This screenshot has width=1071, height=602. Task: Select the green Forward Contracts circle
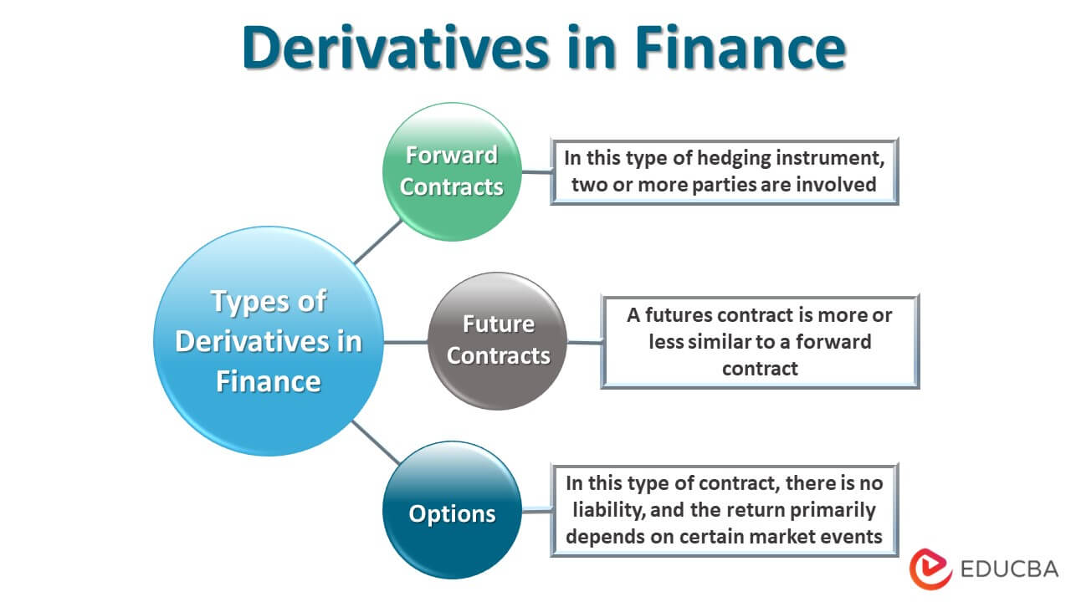pyautogui.click(x=452, y=171)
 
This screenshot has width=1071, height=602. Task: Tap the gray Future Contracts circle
pyautogui.click(x=498, y=341)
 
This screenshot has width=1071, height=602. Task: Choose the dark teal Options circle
pyautogui.click(x=452, y=511)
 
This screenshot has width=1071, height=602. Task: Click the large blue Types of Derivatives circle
pyautogui.click(x=268, y=341)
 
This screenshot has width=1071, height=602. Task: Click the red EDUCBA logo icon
pyautogui.click(x=930, y=569)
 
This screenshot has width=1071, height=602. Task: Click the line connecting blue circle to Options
pyautogui.click(x=375, y=441)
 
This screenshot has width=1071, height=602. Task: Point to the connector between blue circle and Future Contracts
pyautogui.click(x=406, y=341)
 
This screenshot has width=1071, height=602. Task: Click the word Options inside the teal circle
pyautogui.click(x=452, y=513)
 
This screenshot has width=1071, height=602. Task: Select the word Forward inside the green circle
pyautogui.click(x=452, y=156)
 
